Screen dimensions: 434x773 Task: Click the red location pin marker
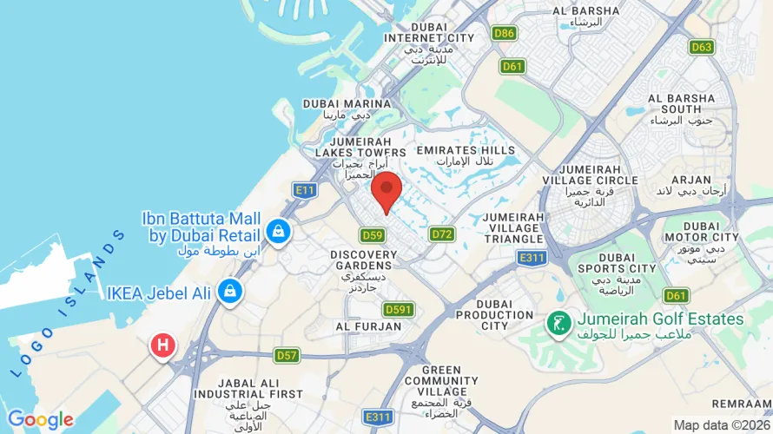click(x=386, y=190)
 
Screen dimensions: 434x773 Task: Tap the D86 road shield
click(x=504, y=34)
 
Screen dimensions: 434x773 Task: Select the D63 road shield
click(x=702, y=47)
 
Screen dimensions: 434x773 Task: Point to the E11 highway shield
click(x=304, y=190)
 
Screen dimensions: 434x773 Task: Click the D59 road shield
click(x=373, y=235)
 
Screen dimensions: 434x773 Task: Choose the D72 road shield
click(x=442, y=234)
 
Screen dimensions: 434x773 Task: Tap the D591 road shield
click(x=399, y=309)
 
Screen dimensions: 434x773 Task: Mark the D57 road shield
click(x=287, y=355)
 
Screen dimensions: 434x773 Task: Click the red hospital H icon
click(x=162, y=345)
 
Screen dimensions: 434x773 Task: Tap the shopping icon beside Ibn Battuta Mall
click(x=279, y=231)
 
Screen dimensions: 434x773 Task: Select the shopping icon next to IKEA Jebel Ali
click(x=229, y=289)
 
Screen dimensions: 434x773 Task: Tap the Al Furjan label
click(x=368, y=326)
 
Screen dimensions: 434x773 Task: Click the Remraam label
click(x=740, y=404)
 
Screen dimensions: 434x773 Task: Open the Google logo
click(x=40, y=420)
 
